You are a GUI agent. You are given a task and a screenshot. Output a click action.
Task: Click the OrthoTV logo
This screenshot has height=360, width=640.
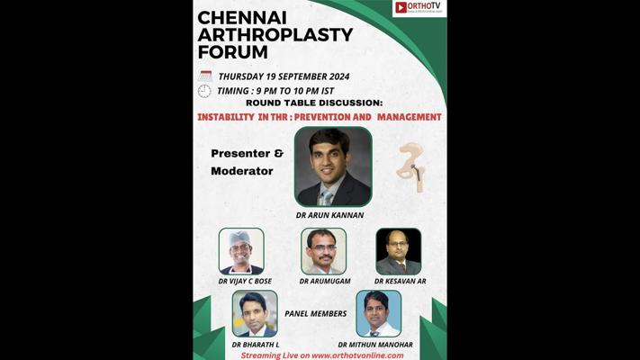pos(419,7)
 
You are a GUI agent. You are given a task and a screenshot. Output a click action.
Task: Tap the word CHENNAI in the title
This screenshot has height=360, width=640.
pos(242,18)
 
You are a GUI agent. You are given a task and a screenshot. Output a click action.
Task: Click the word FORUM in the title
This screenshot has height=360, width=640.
pos(232,52)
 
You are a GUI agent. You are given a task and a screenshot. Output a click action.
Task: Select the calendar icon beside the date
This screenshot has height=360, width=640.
pos(205,76)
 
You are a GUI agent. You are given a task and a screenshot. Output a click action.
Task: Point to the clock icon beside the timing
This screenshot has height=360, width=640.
pos(204,91)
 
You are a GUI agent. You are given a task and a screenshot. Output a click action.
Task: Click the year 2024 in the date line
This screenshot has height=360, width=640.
pos(338,76)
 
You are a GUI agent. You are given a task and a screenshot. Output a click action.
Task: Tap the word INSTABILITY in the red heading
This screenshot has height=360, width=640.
pos(226,117)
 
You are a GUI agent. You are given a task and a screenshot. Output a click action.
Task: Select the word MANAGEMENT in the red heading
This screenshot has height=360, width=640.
pos(409,117)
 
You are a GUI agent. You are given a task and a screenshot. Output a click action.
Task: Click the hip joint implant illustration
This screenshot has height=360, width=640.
pos(411,167)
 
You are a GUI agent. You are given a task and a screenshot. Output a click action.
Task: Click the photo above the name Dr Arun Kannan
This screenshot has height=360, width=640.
pos(333,166)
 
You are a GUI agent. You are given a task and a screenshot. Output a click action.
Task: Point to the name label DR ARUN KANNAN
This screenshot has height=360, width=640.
pos(329,215)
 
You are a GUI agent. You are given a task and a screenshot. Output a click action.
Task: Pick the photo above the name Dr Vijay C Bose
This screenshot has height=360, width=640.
pos(241,251)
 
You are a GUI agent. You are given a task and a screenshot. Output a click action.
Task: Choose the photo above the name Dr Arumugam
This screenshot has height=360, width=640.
pos(324,251)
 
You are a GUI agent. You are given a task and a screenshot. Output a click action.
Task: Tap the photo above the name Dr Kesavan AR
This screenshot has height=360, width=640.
pos(399,251)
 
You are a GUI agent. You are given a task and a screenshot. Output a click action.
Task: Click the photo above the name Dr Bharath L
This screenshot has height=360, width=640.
pos(255,313)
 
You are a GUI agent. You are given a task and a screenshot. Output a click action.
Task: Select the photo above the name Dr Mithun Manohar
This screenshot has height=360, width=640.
pos(378,313)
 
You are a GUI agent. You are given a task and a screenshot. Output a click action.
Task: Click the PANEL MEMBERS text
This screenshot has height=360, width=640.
pos(316,313)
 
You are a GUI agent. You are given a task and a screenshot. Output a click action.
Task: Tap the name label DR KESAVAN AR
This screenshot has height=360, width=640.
pos(400,281)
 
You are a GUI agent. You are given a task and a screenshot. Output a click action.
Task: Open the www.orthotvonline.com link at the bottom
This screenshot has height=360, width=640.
pos(357,355)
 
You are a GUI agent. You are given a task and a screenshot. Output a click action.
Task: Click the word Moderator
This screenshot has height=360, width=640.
pos(242,171)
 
